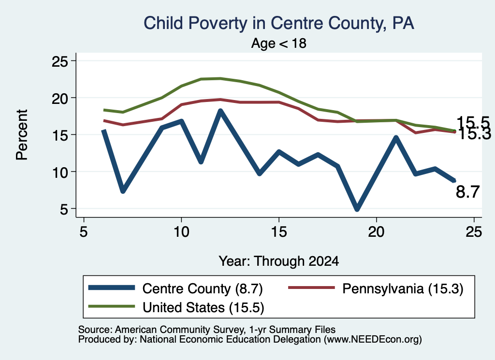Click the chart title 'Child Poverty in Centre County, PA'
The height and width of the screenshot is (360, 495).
pyautogui.click(x=279, y=24)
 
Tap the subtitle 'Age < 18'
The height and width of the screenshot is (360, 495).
pyautogui.click(x=279, y=43)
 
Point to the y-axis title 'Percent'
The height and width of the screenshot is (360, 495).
pyautogui.click(x=22, y=135)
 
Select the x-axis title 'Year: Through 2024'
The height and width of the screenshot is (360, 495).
pyautogui.click(x=279, y=261)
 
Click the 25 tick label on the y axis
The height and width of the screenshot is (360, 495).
pyautogui.click(x=59, y=61)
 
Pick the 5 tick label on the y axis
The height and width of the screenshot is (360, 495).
pyautogui.click(x=64, y=209)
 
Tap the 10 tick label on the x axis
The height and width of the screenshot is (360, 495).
pyautogui.click(x=181, y=232)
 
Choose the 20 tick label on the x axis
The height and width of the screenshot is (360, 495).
pyautogui.click(x=376, y=232)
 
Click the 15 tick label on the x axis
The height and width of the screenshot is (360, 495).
pyautogui.click(x=279, y=232)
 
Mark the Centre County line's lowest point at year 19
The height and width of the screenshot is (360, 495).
pyautogui.click(x=357, y=209)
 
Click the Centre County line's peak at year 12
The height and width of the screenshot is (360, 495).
pyautogui.click(x=220, y=111)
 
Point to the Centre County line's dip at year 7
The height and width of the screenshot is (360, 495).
pyautogui.click(x=123, y=190)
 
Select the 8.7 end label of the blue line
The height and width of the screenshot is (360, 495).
pyautogui.click(x=467, y=192)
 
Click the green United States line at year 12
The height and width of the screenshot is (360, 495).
pyautogui.click(x=220, y=78)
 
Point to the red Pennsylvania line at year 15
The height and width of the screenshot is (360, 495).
pyautogui.click(x=279, y=102)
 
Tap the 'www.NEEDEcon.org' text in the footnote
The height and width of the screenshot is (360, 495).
pyautogui.click(x=373, y=340)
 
